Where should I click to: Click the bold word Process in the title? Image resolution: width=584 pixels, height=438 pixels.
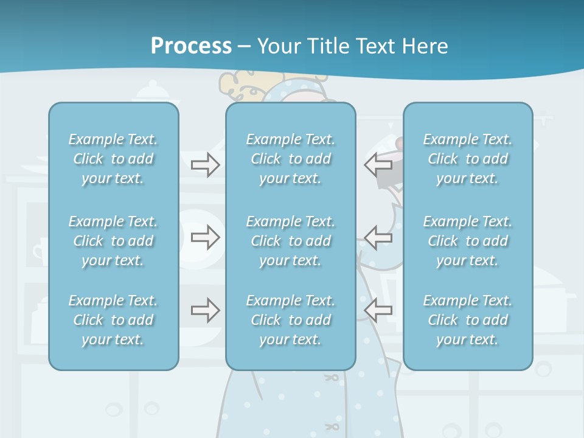pos(191,46)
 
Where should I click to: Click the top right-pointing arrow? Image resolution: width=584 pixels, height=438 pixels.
pos(205,164)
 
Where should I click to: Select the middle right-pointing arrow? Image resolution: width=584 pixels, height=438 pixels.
pos(205,237)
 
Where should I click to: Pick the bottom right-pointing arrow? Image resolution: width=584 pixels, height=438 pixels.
pos(205,310)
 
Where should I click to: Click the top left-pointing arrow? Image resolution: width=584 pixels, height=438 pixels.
pos(378,164)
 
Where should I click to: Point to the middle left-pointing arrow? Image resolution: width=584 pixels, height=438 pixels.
pos(378,237)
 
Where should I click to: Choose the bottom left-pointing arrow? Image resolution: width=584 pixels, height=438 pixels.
pos(378,310)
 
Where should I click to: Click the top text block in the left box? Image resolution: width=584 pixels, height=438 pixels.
pos(113,159)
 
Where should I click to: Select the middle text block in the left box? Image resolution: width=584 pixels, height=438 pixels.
pos(113,241)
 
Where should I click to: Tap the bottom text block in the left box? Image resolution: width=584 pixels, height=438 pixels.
pos(113,320)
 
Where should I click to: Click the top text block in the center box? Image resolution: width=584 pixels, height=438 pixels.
pos(290,159)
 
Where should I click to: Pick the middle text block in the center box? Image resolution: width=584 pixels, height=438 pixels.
pos(290,241)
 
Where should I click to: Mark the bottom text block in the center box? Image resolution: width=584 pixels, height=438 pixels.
pos(290,320)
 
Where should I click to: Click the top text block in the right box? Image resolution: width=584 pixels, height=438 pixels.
pos(467,159)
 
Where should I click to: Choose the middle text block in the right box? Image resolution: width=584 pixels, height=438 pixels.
pos(467,241)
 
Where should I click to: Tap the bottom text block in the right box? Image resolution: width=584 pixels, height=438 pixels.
pos(467,320)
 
